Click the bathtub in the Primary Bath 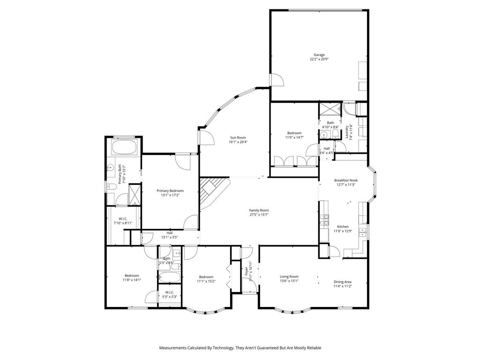[124, 148]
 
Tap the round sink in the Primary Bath [111, 167]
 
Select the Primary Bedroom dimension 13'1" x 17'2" [170, 195]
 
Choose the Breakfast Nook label [345, 180]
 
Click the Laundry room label [347, 131]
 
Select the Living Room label [289, 277]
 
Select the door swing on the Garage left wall [277, 80]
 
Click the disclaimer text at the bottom [240, 348]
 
